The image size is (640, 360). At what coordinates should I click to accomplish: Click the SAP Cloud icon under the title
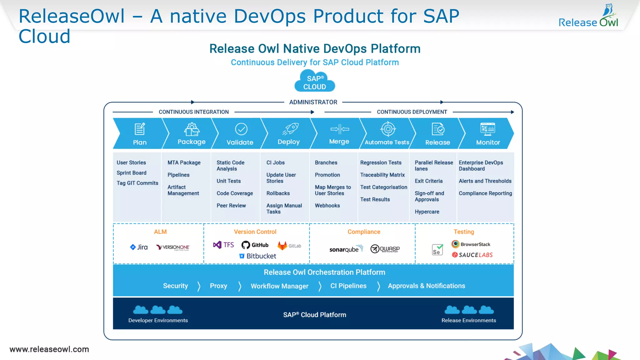(314, 81)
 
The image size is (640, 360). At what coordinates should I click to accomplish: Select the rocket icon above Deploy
(291, 129)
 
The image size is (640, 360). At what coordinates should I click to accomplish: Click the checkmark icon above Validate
(241, 129)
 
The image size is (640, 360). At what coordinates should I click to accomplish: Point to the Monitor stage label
(488, 142)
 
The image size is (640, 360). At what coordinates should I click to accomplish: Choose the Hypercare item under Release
(427, 212)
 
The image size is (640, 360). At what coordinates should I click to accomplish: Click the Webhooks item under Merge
(327, 205)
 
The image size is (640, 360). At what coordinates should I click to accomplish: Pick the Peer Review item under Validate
(231, 205)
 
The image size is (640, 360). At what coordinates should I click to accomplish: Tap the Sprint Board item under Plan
(131, 173)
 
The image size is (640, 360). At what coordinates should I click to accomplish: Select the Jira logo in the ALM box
(139, 247)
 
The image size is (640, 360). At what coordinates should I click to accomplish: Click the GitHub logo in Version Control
(255, 245)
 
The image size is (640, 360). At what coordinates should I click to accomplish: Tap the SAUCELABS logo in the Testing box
(472, 255)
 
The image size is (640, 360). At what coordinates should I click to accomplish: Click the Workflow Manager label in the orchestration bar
(279, 286)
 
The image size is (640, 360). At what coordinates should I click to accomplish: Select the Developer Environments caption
(158, 320)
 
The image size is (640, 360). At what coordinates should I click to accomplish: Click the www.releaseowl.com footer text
(49, 349)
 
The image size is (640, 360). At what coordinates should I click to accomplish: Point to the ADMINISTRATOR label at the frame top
(313, 102)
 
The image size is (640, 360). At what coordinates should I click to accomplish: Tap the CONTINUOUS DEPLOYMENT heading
(412, 112)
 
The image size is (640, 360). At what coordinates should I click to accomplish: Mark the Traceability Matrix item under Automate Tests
(382, 175)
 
